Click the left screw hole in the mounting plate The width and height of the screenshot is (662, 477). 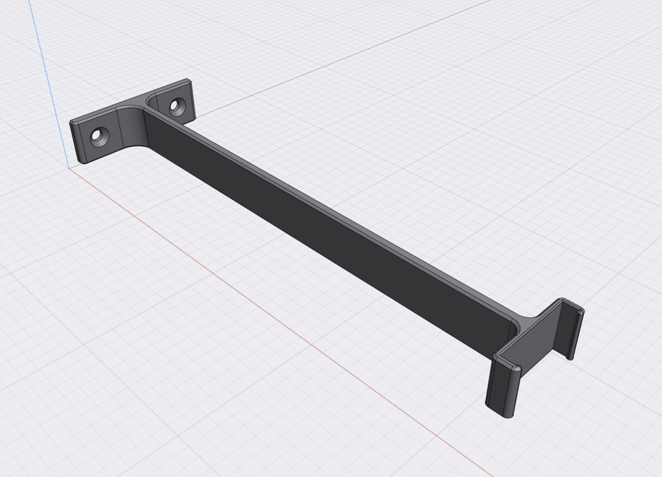tap(100, 136)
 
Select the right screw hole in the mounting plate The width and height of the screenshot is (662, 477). tap(175, 105)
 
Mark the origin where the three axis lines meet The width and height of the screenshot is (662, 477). tap(69, 168)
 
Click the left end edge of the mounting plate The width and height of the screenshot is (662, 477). tap(76, 142)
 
